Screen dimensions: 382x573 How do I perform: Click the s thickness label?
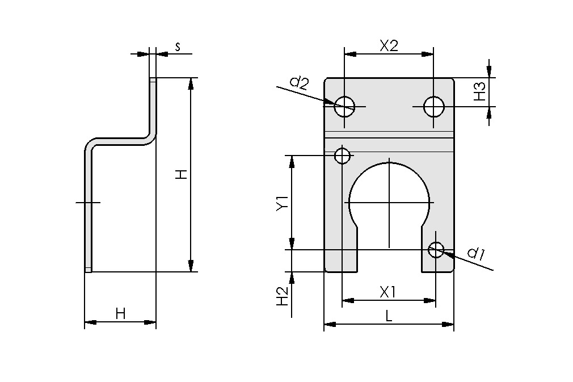[x=178, y=47]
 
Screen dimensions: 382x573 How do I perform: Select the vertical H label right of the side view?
[x=180, y=175]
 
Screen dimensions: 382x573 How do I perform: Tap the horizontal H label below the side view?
[x=120, y=313]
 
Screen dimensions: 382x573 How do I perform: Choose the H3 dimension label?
[x=480, y=92]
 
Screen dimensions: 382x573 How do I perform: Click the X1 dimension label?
[x=388, y=292]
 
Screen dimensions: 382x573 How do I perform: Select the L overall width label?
[x=389, y=316]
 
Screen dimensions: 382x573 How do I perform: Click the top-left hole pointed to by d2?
[x=344, y=106]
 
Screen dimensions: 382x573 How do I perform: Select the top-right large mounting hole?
[x=434, y=106]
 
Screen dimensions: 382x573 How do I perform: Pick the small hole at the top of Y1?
[x=343, y=155]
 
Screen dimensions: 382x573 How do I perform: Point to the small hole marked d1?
[x=436, y=249]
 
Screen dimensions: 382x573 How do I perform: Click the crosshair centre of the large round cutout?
[x=389, y=202]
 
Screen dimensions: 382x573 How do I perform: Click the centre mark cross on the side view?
[x=87, y=202]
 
